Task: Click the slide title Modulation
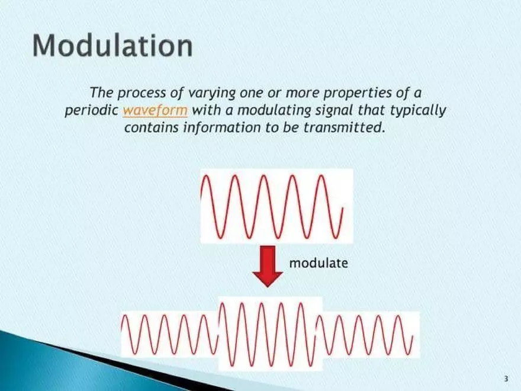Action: [112, 46]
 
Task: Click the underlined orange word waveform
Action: [155, 110]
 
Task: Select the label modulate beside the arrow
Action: [318, 263]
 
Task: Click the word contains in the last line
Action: [148, 127]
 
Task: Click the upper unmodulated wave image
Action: [276, 206]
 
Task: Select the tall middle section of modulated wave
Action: [270, 334]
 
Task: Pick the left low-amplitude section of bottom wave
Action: [169, 334]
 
